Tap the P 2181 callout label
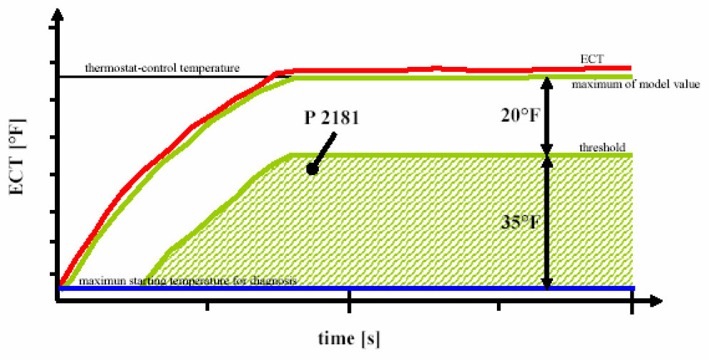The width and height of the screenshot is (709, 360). [x=332, y=118]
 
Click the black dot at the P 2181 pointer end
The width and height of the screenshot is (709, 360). [x=311, y=169]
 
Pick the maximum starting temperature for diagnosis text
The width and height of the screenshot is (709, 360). [x=188, y=281]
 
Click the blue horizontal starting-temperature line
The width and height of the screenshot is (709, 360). [x=427, y=289]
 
